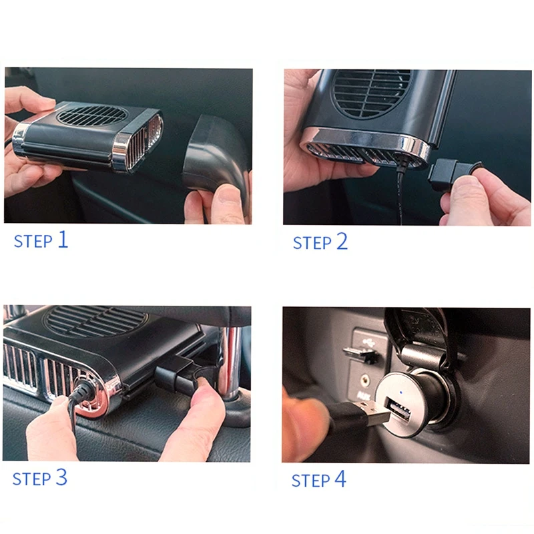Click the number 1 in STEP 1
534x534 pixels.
[x=62, y=239]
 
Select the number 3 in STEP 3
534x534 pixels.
[x=61, y=477]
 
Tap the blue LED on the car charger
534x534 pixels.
[x=400, y=392]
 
